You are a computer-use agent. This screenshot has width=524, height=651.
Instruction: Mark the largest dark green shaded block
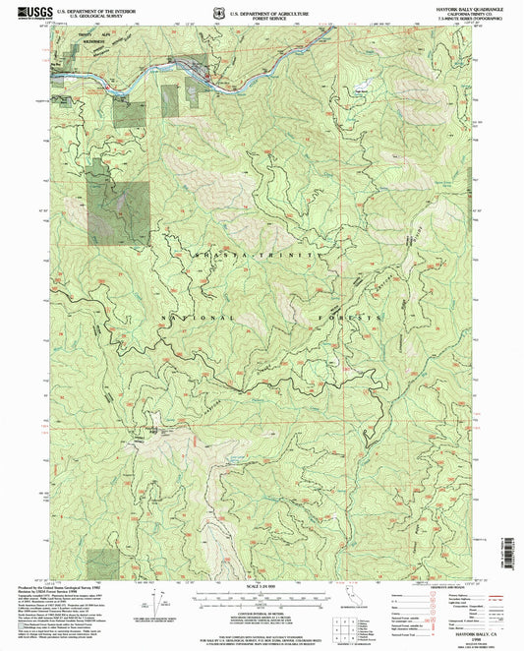pyautogui.click(x=119, y=211)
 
